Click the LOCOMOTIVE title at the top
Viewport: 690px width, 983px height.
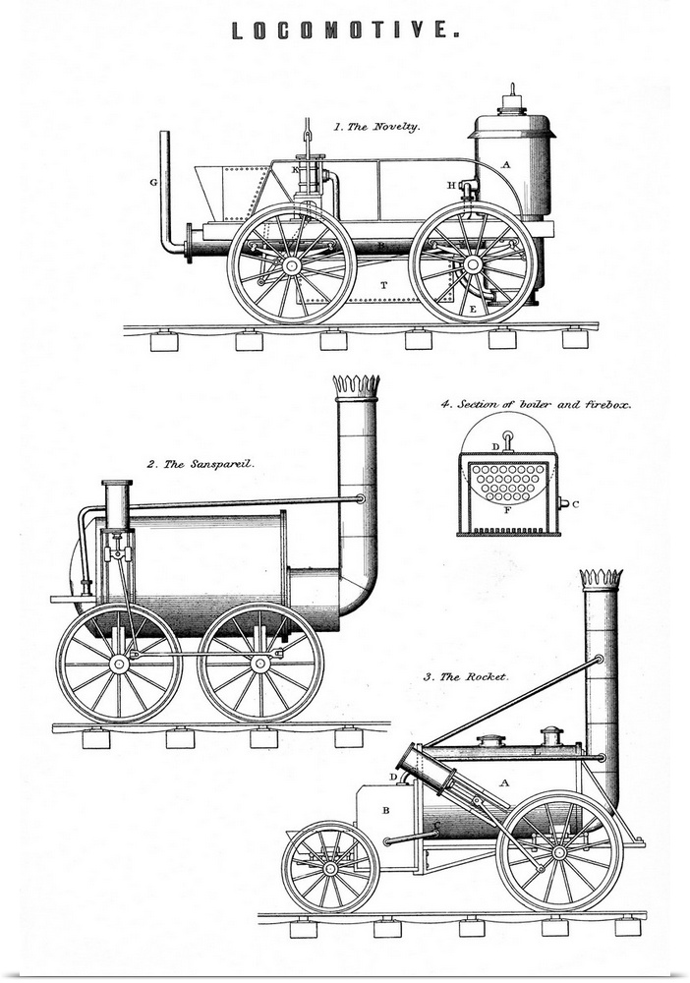[345, 31]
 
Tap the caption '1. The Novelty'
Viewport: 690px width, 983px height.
[376, 127]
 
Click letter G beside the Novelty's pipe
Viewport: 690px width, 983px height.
[153, 183]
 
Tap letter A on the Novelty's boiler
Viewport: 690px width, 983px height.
[506, 165]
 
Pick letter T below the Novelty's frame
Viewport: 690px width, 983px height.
[383, 284]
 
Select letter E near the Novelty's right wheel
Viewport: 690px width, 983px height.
[473, 309]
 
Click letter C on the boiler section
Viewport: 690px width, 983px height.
[575, 505]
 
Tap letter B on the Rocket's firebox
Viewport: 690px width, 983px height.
[386, 811]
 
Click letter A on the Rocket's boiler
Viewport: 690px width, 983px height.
[504, 782]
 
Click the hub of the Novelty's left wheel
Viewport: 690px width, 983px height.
[291, 264]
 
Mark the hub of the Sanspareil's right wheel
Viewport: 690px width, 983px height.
[260, 664]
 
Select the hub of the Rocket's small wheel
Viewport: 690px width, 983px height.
[330, 868]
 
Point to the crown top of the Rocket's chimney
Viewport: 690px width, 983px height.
[601, 578]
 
